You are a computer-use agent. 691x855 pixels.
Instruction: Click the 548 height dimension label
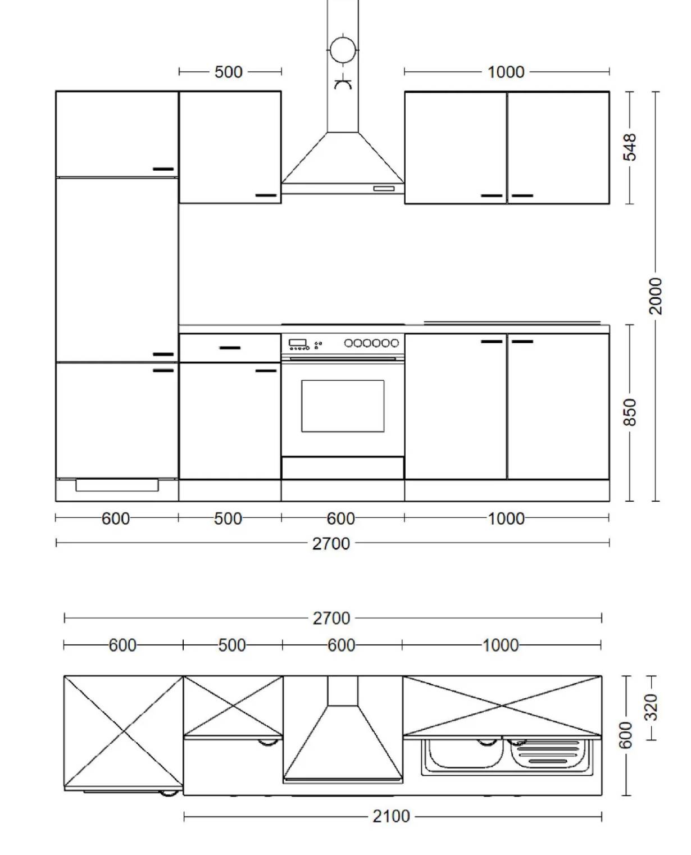point(629,147)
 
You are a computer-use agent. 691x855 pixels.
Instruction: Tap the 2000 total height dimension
point(655,296)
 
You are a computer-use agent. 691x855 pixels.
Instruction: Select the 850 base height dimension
point(629,412)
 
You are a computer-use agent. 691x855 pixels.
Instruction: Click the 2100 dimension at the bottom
point(391,816)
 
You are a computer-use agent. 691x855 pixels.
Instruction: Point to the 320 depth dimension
point(651,707)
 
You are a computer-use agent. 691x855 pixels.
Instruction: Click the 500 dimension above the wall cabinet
point(228,72)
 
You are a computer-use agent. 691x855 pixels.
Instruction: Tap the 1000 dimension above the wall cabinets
point(506,72)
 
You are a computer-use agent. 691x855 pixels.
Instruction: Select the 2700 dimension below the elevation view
point(331,544)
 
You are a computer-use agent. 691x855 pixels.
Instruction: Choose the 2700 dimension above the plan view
point(331,618)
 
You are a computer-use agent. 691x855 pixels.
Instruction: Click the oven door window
point(343,406)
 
